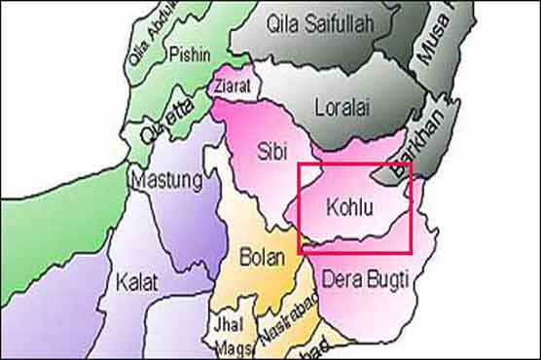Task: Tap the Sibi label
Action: tap(271, 154)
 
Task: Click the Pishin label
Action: tap(189, 54)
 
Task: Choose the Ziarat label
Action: tap(234, 87)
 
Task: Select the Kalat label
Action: tap(137, 282)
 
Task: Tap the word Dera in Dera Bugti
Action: tap(341, 280)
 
